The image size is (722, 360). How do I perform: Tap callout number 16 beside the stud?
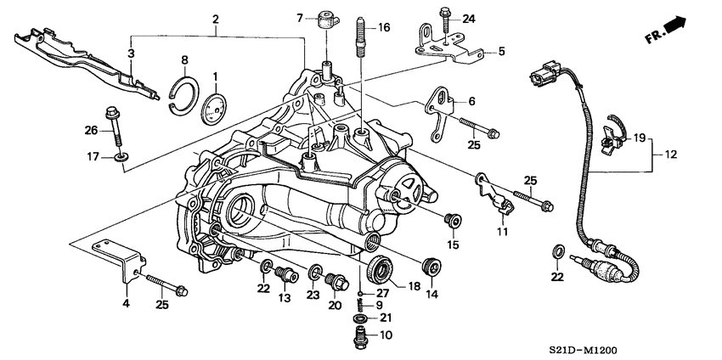pos(384,28)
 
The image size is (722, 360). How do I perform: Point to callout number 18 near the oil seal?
pos(414,287)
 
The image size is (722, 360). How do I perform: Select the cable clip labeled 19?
pos(610,134)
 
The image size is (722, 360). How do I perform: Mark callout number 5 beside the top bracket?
pos(500,51)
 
